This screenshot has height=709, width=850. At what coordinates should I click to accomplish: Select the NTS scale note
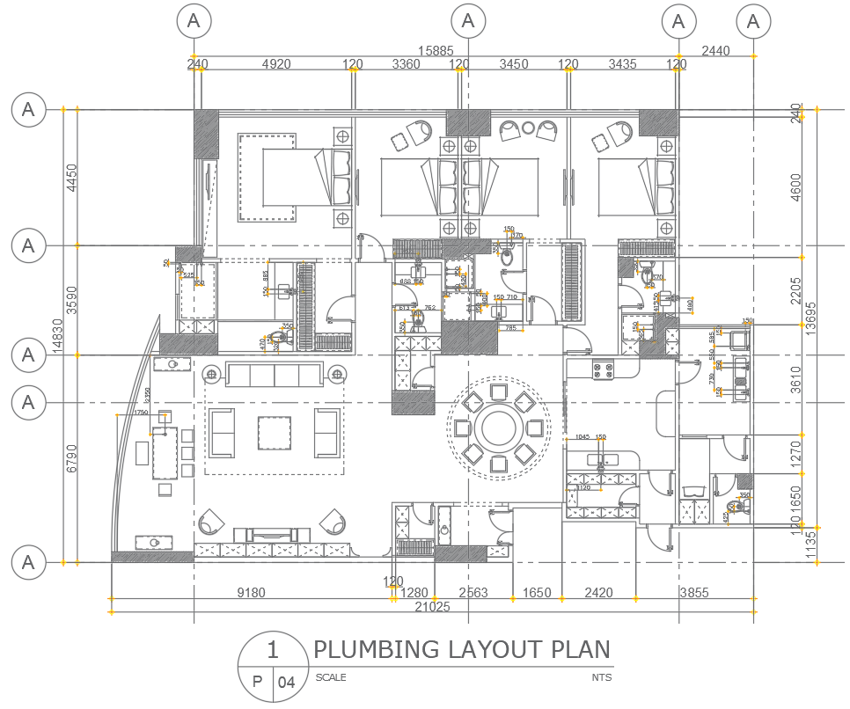tap(601, 677)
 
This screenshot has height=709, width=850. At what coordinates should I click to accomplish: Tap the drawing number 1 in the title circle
tap(273, 651)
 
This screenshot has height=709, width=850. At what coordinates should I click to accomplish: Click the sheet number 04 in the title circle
tap(287, 682)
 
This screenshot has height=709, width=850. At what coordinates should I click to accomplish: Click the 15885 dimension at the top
tap(436, 52)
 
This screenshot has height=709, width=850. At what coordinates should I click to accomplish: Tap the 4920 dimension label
tap(276, 64)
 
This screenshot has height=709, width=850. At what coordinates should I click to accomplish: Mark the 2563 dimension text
tap(472, 593)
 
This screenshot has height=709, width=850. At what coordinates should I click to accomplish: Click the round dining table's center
tap(498, 428)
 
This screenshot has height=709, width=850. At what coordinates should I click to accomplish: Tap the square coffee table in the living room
tap(275, 432)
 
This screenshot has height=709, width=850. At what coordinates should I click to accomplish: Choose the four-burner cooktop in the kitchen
tap(602, 371)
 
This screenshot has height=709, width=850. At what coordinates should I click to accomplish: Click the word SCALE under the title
tap(330, 677)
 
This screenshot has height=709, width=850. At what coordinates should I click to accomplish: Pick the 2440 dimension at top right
tap(714, 52)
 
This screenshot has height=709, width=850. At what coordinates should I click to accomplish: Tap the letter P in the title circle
tap(257, 682)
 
